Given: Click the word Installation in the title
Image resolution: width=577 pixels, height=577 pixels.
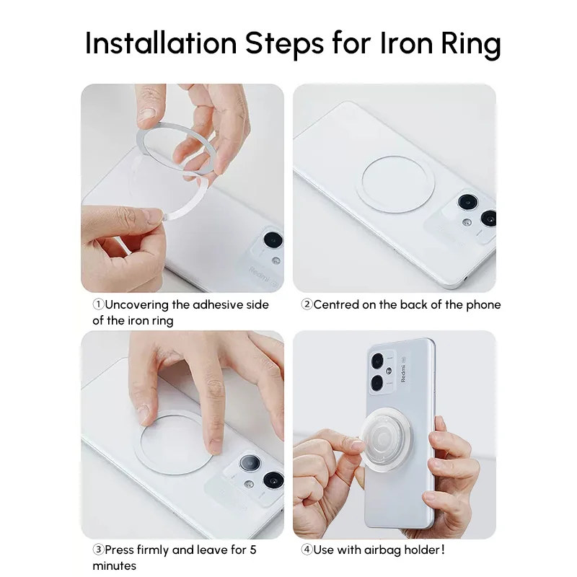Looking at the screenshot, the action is (161, 43).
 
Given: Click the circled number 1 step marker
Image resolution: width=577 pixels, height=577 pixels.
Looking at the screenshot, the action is (98, 304).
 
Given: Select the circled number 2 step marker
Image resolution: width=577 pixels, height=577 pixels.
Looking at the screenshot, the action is (307, 304).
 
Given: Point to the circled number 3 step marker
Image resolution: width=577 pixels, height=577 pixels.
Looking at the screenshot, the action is (98, 550).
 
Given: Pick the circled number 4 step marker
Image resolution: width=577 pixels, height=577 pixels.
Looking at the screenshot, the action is (307, 550).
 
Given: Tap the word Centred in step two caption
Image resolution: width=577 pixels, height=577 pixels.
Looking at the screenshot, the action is (336, 304).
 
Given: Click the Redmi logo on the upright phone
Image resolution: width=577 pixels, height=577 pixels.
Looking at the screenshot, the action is (403, 373).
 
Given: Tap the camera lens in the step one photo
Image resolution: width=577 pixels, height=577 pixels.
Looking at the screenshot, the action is (273, 240).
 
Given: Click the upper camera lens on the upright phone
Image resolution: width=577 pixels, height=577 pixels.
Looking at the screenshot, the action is (377, 361).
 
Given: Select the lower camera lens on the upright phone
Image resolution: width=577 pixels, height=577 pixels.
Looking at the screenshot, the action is (377, 383).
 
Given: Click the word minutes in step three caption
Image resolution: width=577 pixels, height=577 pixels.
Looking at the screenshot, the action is (114, 565).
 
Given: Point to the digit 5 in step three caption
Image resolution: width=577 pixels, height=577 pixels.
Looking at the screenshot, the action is (253, 550).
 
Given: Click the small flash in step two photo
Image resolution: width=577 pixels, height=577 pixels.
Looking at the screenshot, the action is (467, 222).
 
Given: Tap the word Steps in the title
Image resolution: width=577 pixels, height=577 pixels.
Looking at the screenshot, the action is (284, 45).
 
